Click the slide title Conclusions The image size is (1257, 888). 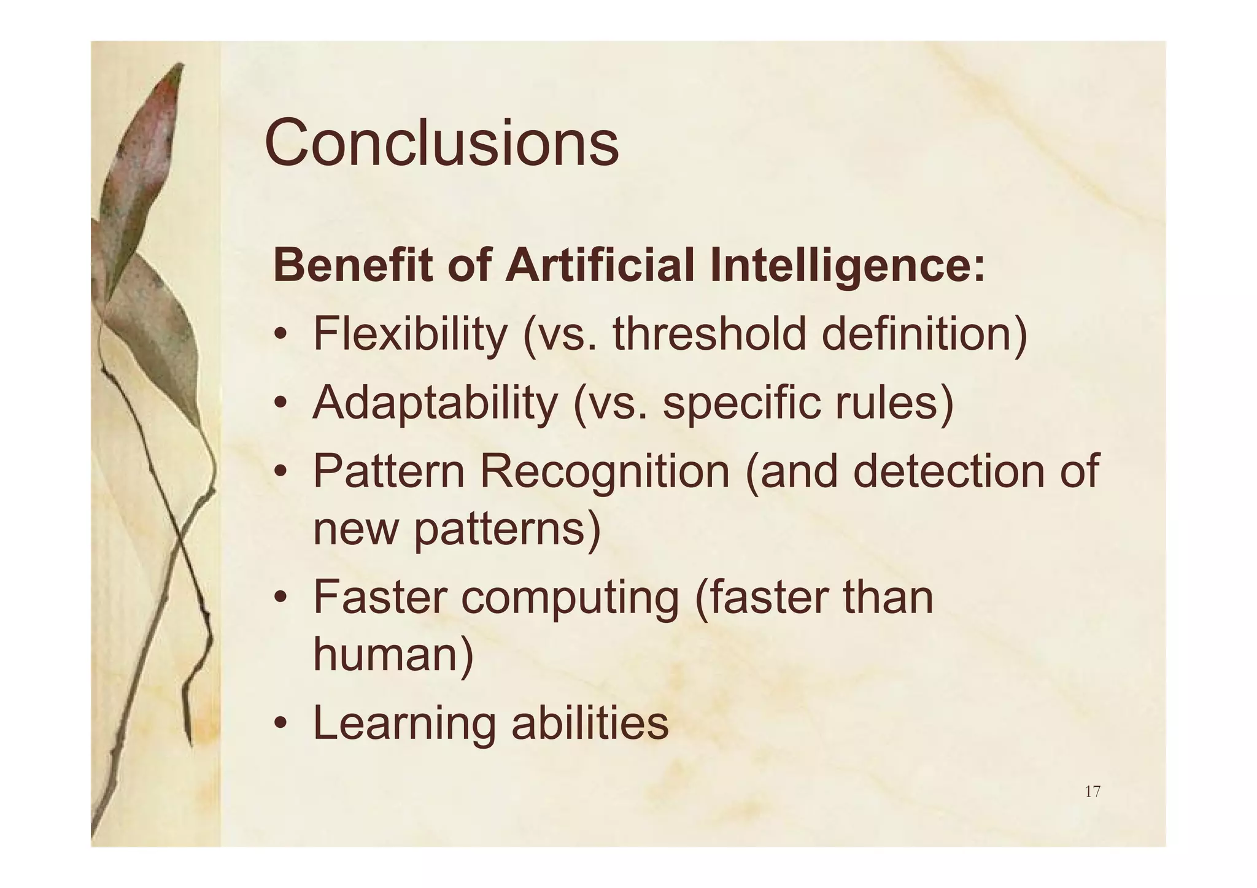441,144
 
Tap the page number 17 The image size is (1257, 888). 1092,792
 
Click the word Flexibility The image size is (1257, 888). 410,335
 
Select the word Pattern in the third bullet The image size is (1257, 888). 389,471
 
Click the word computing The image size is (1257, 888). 570,598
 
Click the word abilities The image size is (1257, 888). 590,723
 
